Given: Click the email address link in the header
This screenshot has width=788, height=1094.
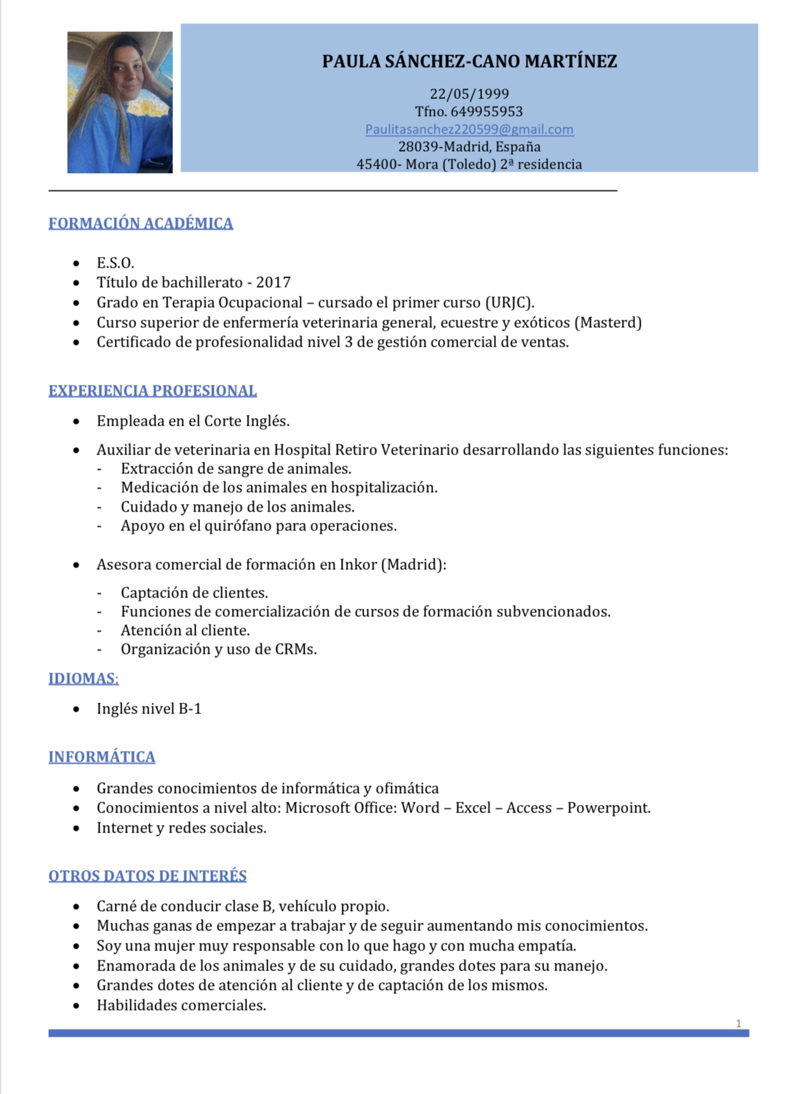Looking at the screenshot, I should pyautogui.click(x=469, y=129).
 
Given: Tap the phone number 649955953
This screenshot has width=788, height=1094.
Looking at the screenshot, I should pyautogui.click(x=486, y=112).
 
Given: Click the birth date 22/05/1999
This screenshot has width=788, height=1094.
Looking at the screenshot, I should pyautogui.click(x=469, y=94).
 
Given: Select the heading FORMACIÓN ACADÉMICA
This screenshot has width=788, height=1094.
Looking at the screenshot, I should pyautogui.click(x=140, y=223).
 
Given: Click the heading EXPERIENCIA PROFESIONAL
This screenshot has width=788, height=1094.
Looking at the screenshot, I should pyautogui.click(x=152, y=391).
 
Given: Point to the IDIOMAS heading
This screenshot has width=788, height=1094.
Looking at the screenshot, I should pyautogui.click(x=83, y=678).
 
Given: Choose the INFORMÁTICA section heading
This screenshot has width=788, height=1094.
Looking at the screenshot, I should pyautogui.click(x=102, y=757).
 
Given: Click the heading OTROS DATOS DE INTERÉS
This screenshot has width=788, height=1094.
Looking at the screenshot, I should pyautogui.click(x=147, y=875).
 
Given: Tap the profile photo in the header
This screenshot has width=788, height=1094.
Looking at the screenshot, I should pyautogui.click(x=120, y=102).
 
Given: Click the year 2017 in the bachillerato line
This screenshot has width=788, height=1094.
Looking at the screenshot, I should pyautogui.click(x=273, y=282).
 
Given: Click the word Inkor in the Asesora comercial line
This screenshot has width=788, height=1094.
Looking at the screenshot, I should pyautogui.click(x=358, y=564).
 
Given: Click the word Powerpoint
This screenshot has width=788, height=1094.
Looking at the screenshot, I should pyautogui.click(x=608, y=807).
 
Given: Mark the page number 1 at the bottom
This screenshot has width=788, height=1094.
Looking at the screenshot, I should pyautogui.click(x=738, y=1023).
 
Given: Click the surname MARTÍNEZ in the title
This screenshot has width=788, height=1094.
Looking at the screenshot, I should pyautogui.click(x=570, y=61).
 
